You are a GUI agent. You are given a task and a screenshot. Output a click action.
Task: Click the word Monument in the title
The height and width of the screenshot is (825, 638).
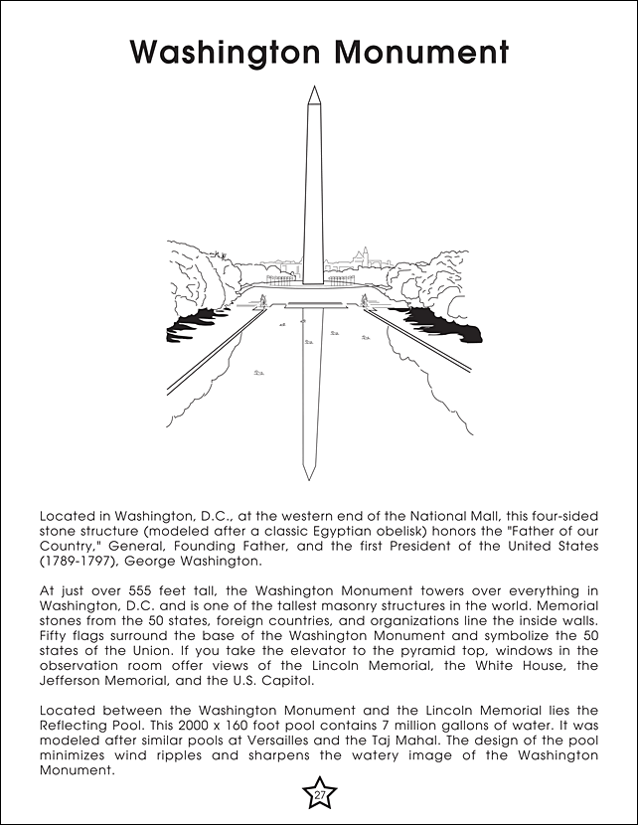click(x=415, y=52)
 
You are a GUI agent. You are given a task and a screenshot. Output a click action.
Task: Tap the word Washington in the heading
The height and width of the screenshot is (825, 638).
click(x=219, y=52)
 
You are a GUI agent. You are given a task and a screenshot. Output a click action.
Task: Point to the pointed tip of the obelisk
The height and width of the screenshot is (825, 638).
click(x=313, y=88)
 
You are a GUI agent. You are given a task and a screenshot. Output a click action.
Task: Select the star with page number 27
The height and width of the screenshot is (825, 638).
click(x=319, y=793)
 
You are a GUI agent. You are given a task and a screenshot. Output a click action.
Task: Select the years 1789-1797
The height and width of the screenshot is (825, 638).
click(x=76, y=561)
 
